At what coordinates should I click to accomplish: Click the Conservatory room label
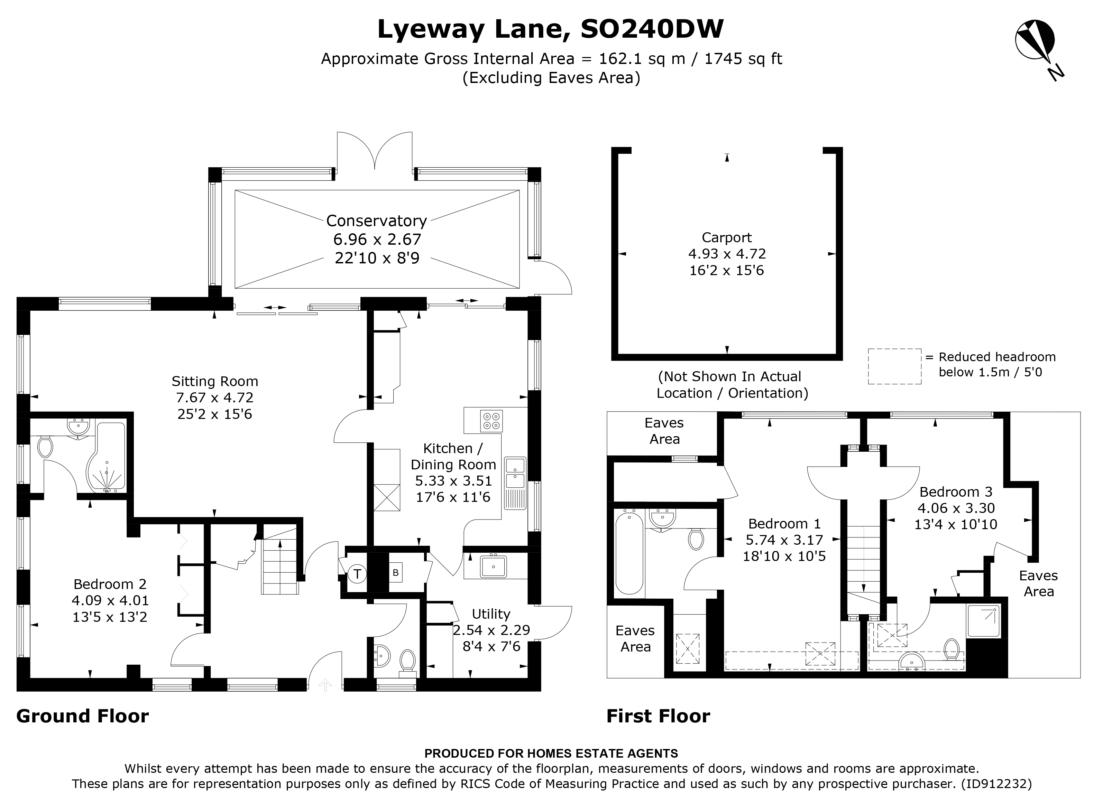point(376,221)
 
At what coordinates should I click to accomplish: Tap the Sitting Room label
point(214,382)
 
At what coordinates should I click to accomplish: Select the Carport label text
point(727,238)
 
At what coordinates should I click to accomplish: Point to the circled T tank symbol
point(357,574)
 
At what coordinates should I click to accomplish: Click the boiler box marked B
point(396,573)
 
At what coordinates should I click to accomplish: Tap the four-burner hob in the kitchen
point(491,421)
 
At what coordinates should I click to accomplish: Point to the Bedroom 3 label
point(956,492)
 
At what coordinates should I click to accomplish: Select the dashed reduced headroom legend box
point(894,366)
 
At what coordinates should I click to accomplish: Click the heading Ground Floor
point(83,716)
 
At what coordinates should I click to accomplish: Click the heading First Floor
point(658,716)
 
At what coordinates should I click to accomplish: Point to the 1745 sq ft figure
point(743,59)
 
